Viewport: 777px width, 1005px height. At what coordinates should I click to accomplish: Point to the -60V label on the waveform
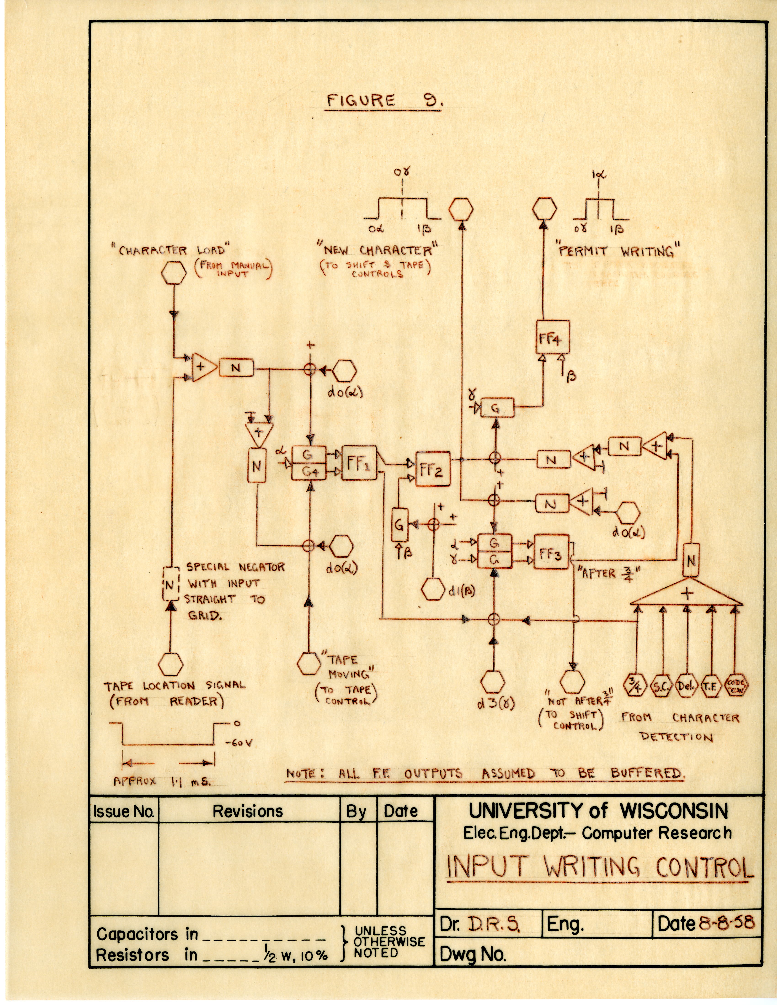pos(238,743)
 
